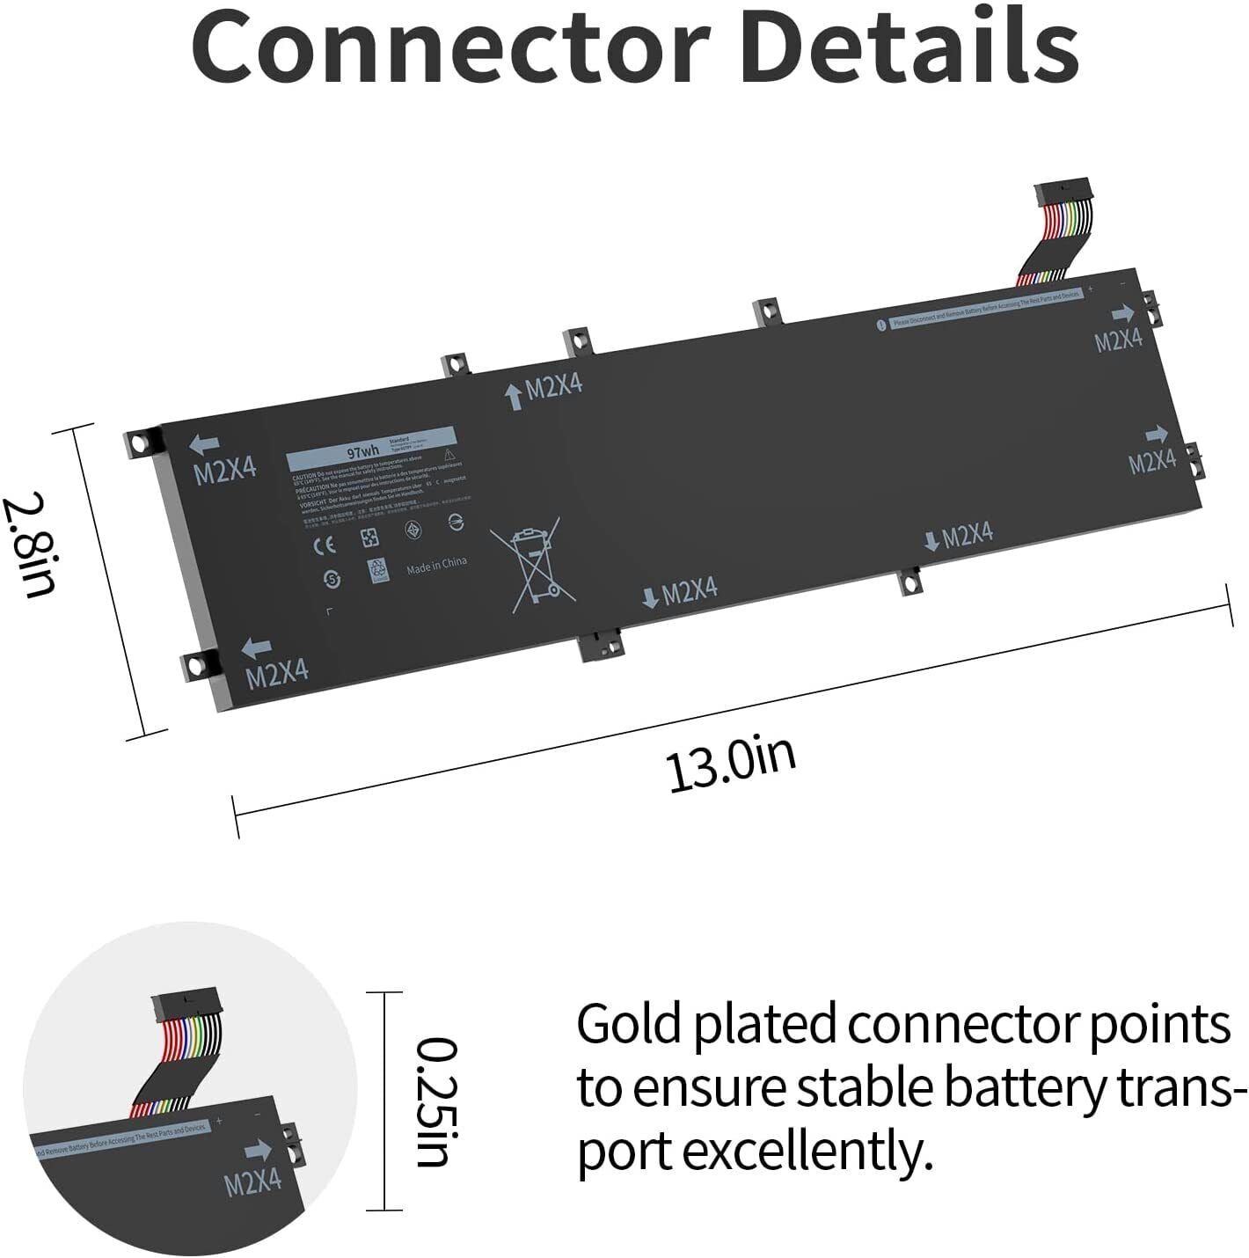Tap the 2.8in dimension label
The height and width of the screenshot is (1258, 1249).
(32, 546)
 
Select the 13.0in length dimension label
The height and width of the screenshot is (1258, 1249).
(731, 764)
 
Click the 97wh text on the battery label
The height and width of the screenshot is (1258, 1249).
(362, 452)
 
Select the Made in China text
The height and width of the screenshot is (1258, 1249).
(436, 566)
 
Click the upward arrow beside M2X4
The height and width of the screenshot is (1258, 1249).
(514, 396)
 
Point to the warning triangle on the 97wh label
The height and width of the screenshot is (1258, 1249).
(449, 455)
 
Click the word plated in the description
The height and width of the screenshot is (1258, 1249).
(767, 1025)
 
